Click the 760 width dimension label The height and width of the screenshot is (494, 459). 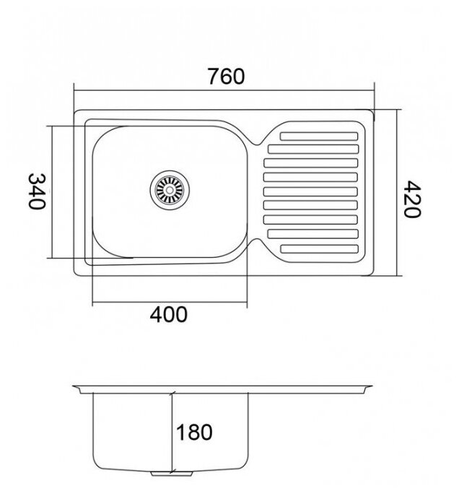pyautogui.click(x=226, y=77)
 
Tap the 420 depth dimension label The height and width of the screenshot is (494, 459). pyautogui.click(x=412, y=199)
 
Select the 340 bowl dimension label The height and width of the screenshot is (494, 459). pyautogui.click(x=37, y=191)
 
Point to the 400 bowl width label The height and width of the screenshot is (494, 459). pyautogui.click(x=168, y=314)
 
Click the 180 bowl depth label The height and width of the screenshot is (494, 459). pyautogui.click(x=194, y=432)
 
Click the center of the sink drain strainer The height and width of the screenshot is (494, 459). pyautogui.click(x=170, y=190)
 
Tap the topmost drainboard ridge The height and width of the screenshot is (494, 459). pyautogui.click(x=319, y=136)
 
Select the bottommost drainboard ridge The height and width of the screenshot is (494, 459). pyautogui.click(x=319, y=249)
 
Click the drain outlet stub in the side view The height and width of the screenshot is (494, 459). pyautogui.click(x=172, y=473)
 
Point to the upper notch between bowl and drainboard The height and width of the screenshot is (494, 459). pyautogui.click(x=257, y=144)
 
